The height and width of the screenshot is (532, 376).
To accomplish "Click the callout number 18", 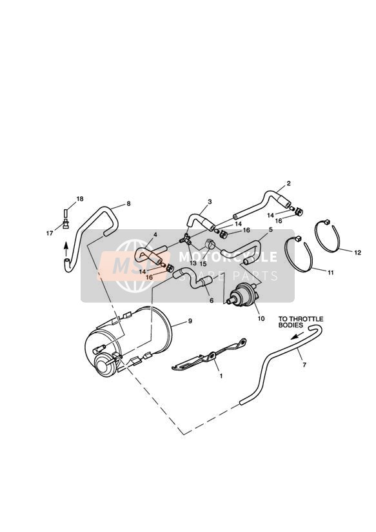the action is pyautogui.click(x=80, y=199).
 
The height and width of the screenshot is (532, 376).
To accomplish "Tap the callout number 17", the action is pyautogui.click(x=50, y=233).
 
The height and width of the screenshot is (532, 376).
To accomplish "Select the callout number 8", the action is pyautogui.click(x=128, y=203).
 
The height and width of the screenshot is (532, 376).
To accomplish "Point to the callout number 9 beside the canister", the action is pyautogui.click(x=190, y=321).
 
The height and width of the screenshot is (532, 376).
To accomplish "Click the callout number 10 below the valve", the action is pyautogui.click(x=261, y=318).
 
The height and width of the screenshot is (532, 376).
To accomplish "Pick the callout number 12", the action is pyautogui.click(x=358, y=252).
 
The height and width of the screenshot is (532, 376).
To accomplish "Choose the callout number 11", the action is pyautogui.click(x=331, y=272).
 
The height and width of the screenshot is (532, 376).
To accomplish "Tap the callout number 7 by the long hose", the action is pyautogui.click(x=304, y=365).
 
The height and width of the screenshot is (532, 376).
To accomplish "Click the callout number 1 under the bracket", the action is pyautogui.click(x=221, y=376).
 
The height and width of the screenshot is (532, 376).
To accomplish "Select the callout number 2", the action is pyautogui.click(x=288, y=183).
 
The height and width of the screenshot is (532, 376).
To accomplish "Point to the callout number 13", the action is pyautogui.click(x=193, y=263).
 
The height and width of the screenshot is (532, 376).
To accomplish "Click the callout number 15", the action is pyautogui.click(x=203, y=263).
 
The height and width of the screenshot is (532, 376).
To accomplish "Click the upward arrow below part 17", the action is pyautogui.click(x=66, y=251).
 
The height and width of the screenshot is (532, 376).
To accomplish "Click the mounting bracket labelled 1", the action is pyautogui.click(x=209, y=354).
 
